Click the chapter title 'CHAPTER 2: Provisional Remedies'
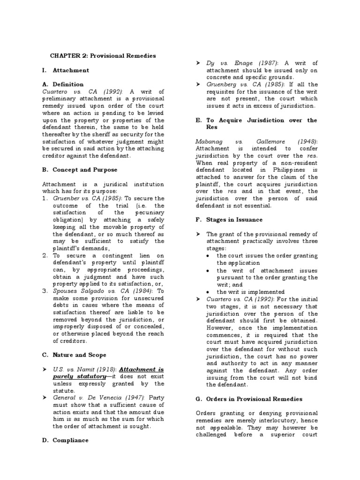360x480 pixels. click(103, 56)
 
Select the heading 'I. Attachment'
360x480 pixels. click(66, 70)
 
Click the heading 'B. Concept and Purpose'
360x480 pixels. click(80, 170)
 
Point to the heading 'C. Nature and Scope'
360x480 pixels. click(74, 355)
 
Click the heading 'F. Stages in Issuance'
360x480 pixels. click(228, 219)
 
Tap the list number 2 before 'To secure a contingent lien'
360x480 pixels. click(45, 255)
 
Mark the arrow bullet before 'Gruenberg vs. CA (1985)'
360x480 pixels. click(197, 84)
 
